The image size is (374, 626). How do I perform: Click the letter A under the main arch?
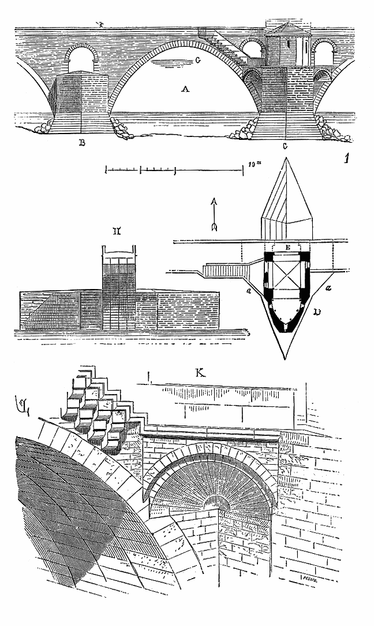coord(185,89)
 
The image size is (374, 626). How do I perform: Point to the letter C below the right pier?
coord(285,146)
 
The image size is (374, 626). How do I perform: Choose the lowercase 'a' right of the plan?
coord(328,287)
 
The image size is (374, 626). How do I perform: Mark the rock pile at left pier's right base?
coord(121,128)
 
